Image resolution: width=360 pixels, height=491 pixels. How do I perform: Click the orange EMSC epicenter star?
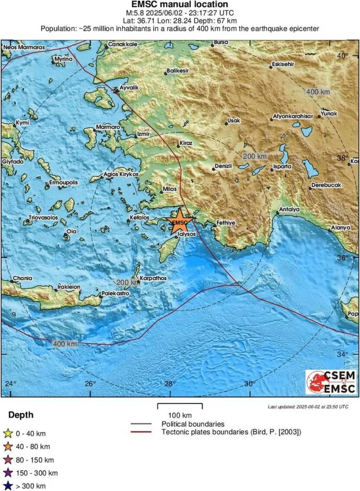[180, 221]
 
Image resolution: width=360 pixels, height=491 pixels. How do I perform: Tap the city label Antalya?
[289, 210]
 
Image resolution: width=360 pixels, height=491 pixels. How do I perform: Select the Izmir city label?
[143, 134]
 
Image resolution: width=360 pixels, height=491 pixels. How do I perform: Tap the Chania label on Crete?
[22, 278]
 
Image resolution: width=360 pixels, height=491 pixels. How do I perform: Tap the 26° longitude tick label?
[90, 384]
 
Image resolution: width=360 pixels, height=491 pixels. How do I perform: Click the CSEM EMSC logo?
[330, 382]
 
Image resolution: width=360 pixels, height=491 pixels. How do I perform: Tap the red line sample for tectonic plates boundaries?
[142, 432]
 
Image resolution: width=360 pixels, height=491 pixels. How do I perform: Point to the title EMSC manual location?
[180, 4]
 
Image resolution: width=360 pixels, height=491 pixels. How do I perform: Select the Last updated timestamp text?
[308, 406]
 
